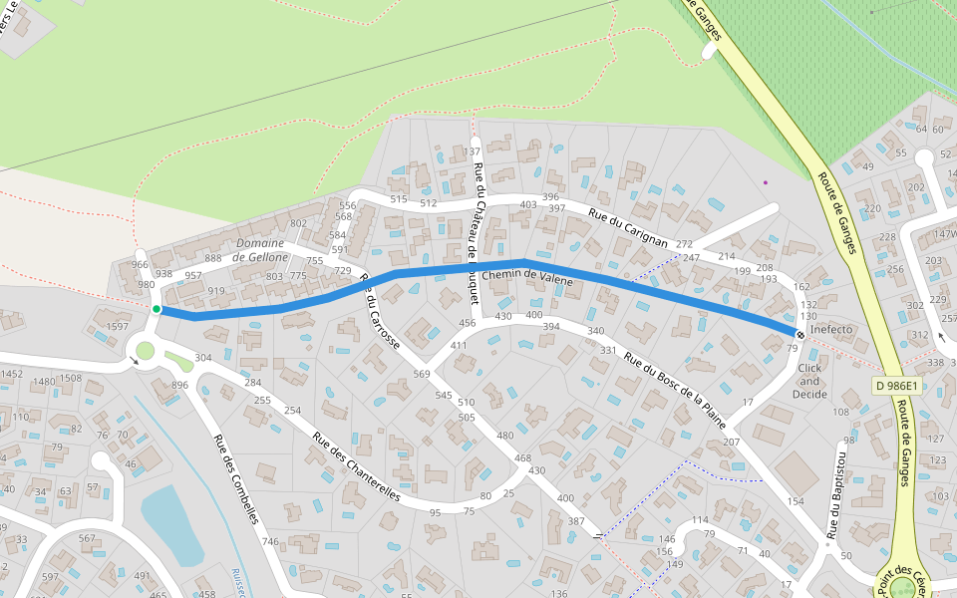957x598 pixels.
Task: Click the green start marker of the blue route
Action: pos(157,309)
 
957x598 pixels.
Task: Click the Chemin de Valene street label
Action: pos(527,278)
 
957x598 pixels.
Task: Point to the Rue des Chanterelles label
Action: pos(356,465)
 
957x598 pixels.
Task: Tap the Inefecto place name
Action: pos(831,329)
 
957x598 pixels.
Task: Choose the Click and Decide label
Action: pos(809,381)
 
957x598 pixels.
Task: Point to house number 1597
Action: pos(118,327)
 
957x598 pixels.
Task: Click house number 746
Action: pos(270,542)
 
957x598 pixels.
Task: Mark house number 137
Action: pos(473,152)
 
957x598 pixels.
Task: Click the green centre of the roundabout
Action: pos(146,351)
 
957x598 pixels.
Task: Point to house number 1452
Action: pos(12,375)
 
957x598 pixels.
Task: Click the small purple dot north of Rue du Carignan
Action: pos(766,182)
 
